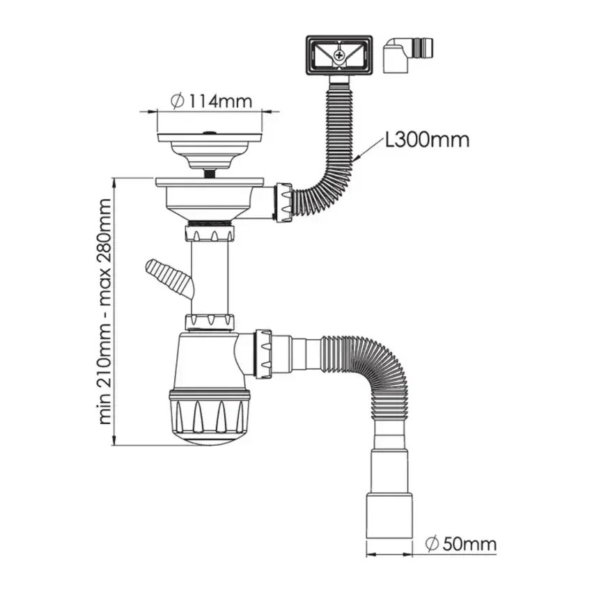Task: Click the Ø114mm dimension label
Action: tap(211, 101)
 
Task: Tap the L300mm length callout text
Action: tap(427, 140)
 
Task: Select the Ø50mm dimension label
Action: tap(460, 545)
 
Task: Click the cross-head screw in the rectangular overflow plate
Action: tap(340, 55)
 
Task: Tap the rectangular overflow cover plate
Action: tap(339, 55)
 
